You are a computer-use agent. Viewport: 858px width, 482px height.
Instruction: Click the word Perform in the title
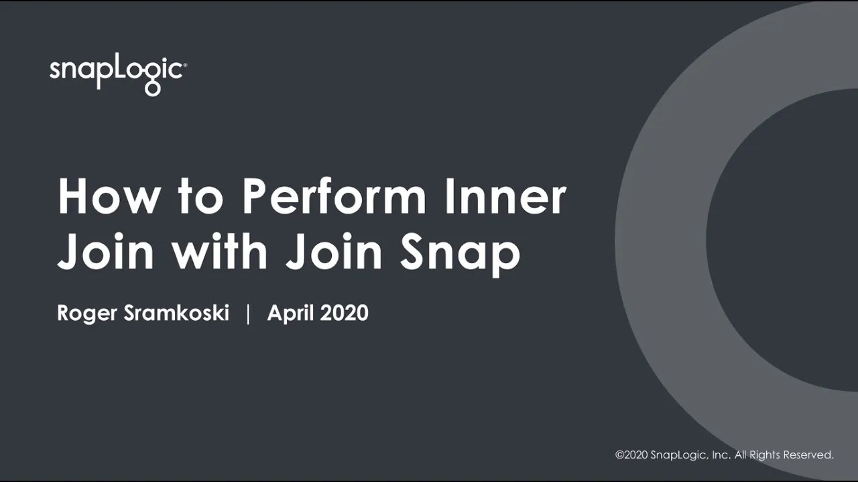pos(334,197)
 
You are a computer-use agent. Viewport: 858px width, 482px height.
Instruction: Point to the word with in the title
pos(220,252)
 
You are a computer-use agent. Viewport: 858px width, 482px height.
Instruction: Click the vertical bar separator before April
pos(248,313)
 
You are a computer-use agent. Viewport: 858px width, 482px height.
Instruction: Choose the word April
pos(290,313)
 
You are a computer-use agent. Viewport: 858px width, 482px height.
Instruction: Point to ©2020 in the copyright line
pos(631,455)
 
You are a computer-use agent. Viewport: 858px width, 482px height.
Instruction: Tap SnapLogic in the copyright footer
pos(678,455)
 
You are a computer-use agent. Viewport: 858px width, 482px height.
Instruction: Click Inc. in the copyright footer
pos(721,455)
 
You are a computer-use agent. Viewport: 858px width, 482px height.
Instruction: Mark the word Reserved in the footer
pos(809,455)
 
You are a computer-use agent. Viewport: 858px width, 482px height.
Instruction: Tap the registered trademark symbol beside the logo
pos(185,65)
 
